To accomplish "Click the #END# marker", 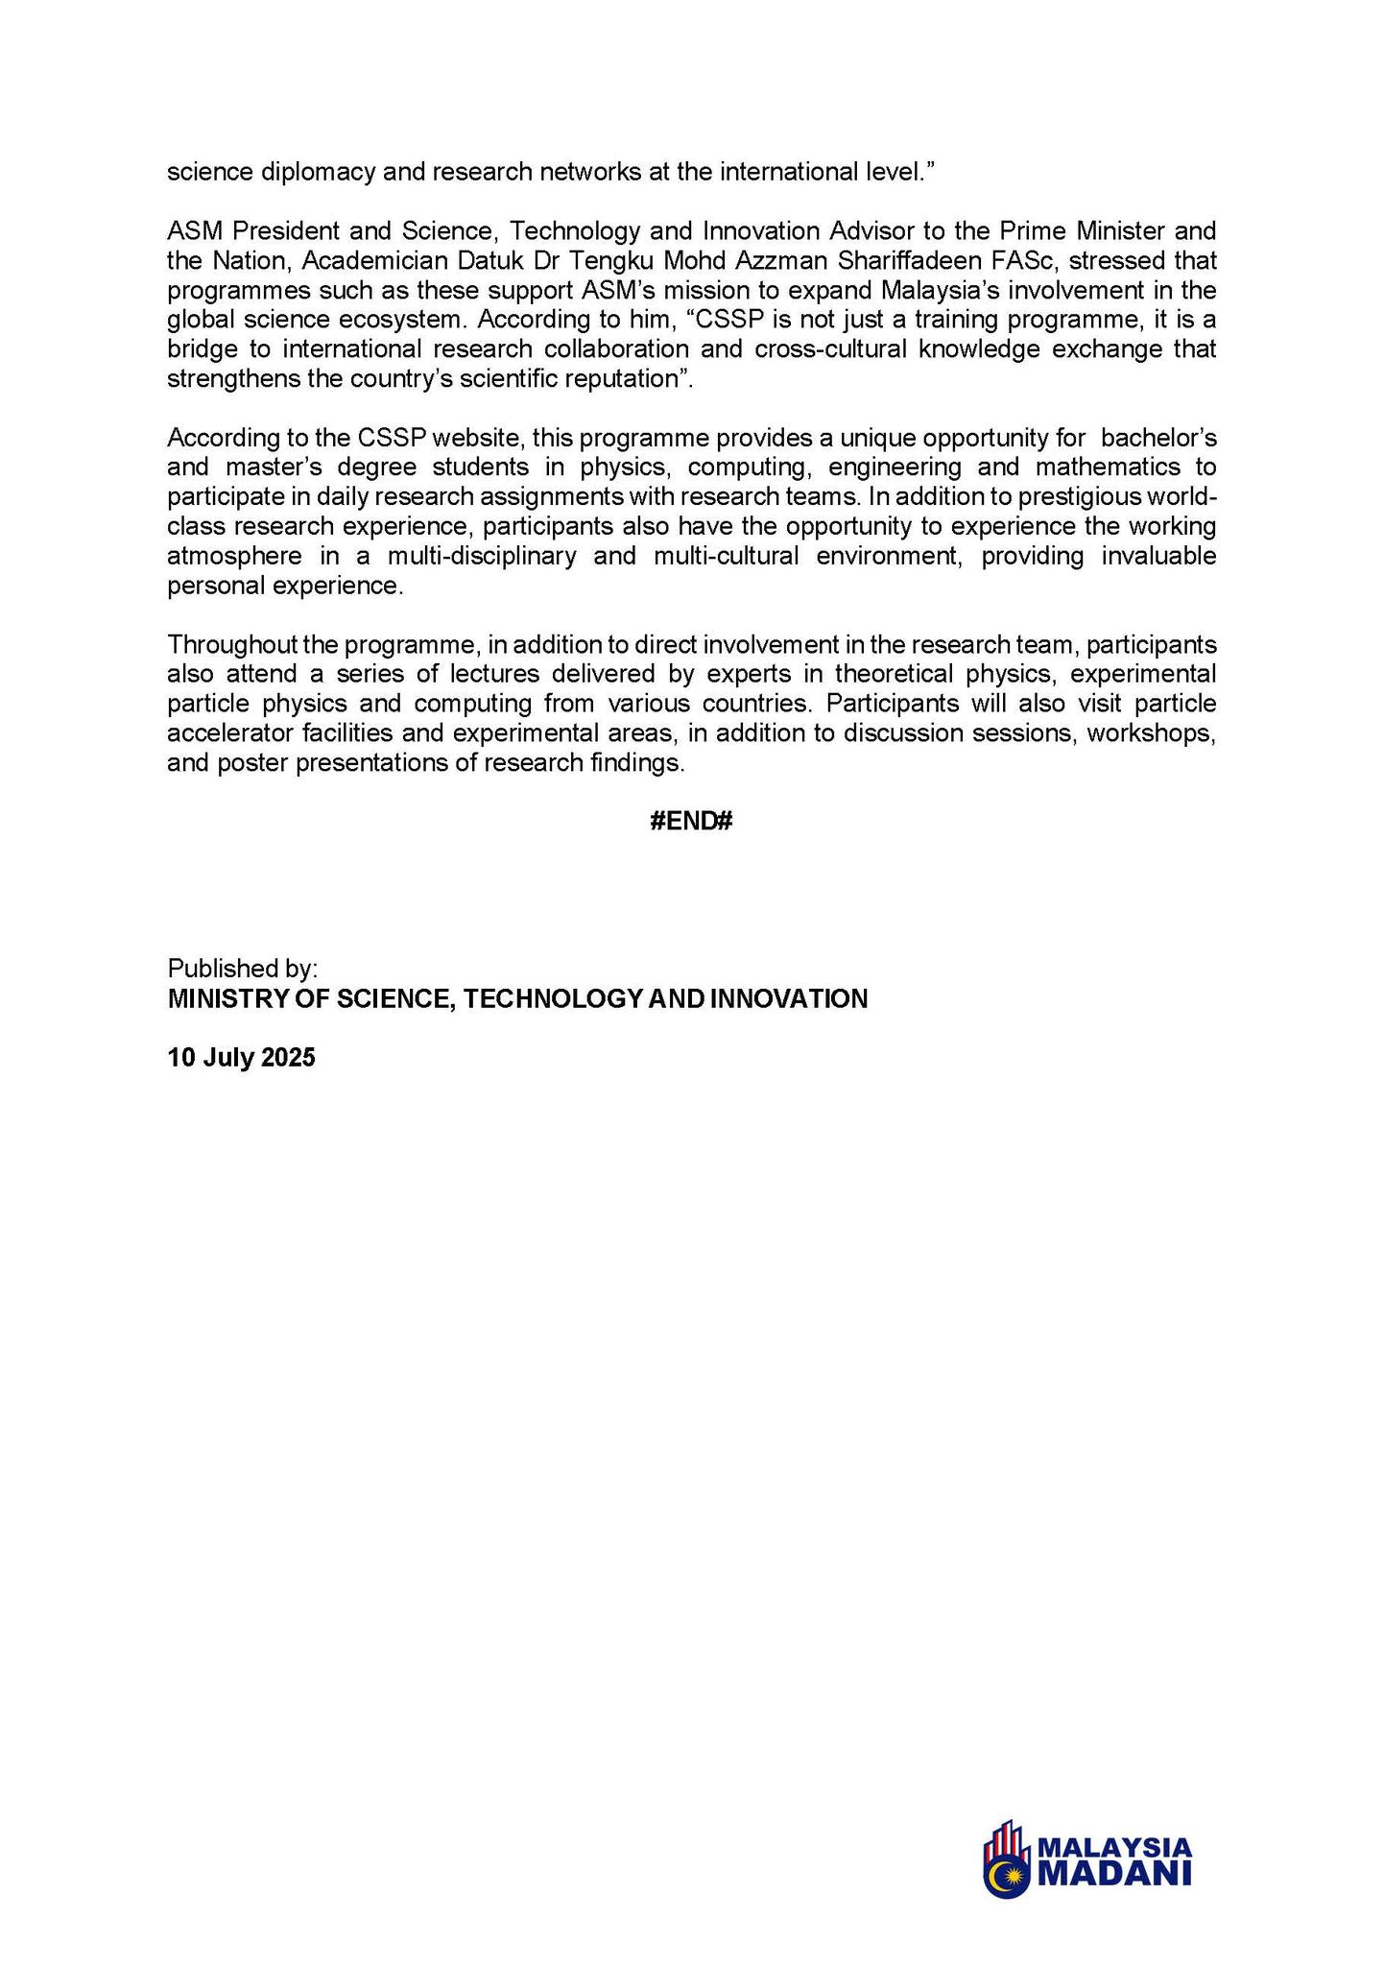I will click(691, 822).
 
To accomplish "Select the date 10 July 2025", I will click(241, 1058).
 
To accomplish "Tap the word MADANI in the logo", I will click(1115, 1874).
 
